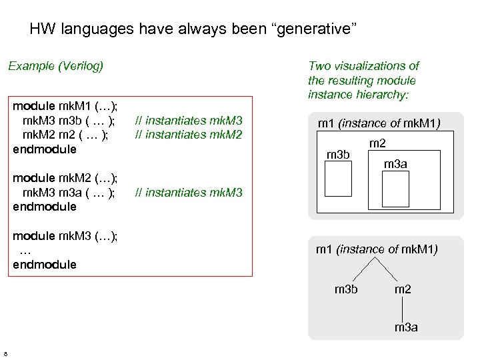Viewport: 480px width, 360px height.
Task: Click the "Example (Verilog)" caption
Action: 55,66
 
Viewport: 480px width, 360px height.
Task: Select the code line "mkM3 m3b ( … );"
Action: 69,121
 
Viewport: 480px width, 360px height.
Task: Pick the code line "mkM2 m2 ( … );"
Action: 65,135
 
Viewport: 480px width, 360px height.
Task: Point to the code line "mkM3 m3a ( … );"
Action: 69,193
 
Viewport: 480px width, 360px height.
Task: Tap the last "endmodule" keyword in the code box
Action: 45,265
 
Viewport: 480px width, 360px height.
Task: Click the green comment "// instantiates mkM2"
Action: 188,135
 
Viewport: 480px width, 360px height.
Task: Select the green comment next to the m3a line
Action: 188,193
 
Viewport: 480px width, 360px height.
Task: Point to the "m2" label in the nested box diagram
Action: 377,144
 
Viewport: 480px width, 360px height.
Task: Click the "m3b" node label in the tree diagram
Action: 346,289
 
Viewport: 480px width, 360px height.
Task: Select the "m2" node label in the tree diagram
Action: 403,289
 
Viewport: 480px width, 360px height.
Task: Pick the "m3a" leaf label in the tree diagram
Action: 406,327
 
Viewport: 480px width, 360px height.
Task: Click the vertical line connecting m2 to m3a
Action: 403,308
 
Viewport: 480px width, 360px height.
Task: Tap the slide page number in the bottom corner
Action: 5,353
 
